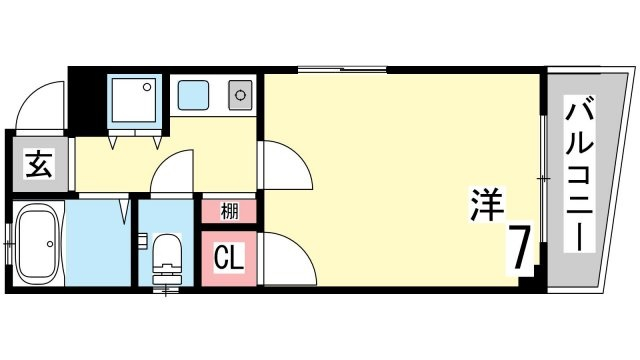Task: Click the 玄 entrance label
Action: [39, 164]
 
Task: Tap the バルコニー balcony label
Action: [579, 173]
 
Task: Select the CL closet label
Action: [229, 258]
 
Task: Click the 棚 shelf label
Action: [229, 211]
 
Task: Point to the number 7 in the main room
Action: [520, 247]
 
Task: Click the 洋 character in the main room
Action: [487, 204]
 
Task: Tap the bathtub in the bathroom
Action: [38, 243]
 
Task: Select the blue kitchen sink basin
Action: [193, 95]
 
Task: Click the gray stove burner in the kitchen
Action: [240, 95]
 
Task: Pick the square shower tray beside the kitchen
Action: [134, 100]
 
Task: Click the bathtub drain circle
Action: [50, 244]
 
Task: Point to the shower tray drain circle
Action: [147, 87]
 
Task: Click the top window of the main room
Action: [342, 69]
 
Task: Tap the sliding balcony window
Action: [543, 179]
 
